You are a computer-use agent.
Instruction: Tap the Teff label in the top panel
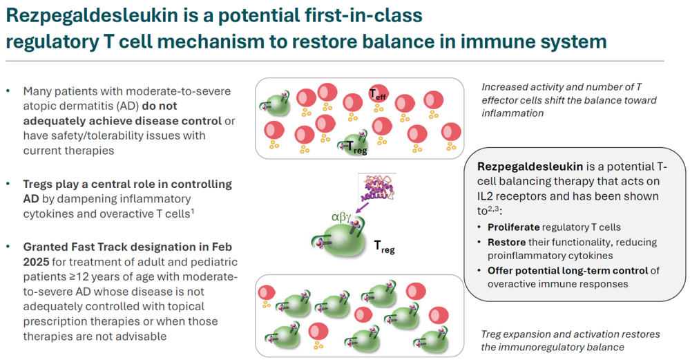point(378,94)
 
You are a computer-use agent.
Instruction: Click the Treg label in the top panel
point(356,147)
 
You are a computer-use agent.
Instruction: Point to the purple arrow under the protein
point(362,207)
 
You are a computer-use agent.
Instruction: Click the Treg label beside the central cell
point(384,247)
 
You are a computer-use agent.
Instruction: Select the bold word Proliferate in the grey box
point(514,227)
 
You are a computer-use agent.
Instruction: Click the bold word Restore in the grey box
point(506,242)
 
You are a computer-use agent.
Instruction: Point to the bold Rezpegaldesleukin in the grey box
point(530,167)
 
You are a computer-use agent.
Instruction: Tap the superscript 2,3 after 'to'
point(493,209)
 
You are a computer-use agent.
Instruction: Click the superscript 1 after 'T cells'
point(192,211)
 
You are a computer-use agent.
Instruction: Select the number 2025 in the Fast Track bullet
point(36,262)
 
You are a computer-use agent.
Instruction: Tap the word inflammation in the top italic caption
point(512,113)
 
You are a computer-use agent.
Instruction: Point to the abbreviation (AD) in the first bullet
point(129,106)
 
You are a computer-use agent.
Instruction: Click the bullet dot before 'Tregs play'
point(8,183)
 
